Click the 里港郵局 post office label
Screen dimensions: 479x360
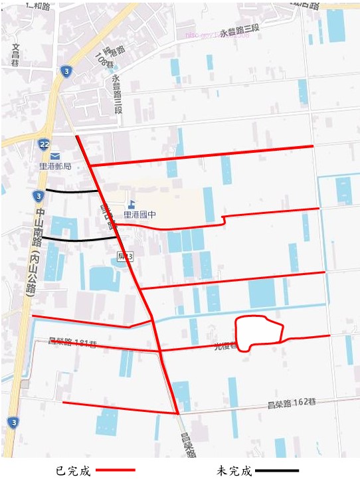[55, 166]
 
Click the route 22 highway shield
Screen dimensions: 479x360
[44, 144]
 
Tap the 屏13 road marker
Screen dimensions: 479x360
[125, 256]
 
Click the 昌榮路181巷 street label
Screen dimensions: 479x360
[73, 343]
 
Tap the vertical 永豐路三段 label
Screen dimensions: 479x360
[118, 94]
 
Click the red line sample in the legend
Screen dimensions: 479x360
[116, 470]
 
